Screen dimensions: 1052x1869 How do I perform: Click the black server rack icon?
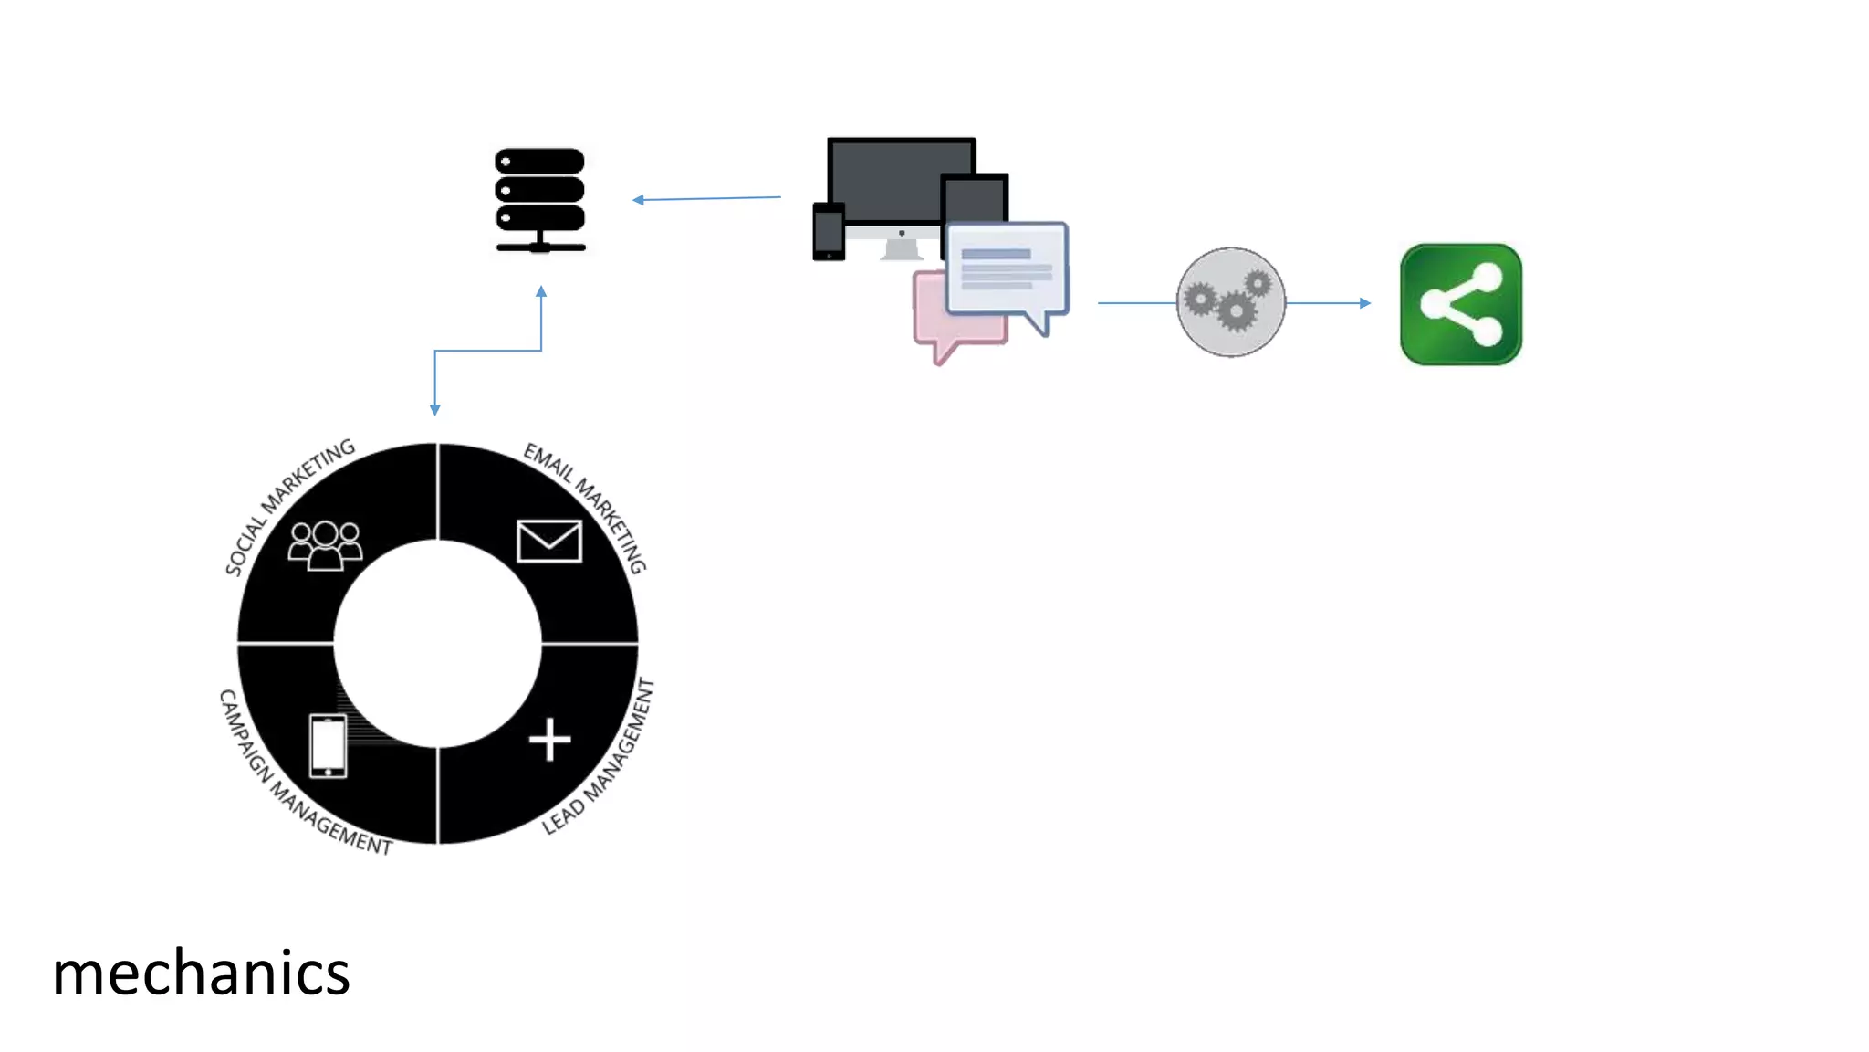(x=539, y=200)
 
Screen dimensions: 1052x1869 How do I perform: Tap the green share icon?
(x=1460, y=304)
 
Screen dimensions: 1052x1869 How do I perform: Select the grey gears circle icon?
(x=1230, y=302)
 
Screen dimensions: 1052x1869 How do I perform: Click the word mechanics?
(x=201, y=973)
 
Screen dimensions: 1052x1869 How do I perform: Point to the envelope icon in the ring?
(x=548, y=541)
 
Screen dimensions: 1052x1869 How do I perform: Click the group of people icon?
(x=325, y=545)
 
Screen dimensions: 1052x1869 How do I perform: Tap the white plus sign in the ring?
(x=549, y=740)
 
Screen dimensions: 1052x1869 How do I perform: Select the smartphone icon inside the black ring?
(x=328, y=746)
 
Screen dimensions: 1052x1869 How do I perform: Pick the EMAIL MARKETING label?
(x=586, y=505)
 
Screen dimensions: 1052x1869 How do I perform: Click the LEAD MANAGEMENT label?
(x=600, y=758)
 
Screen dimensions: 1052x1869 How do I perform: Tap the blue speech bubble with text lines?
(x=1007, y=269)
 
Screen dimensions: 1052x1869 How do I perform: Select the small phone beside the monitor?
(x=829, y=232)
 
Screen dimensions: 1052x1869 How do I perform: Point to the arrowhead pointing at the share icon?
(x=1364, y=302)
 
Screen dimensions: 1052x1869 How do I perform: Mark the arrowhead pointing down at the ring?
(x=435, y=410)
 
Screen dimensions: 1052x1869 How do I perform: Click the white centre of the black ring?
(x=437, y=644)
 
